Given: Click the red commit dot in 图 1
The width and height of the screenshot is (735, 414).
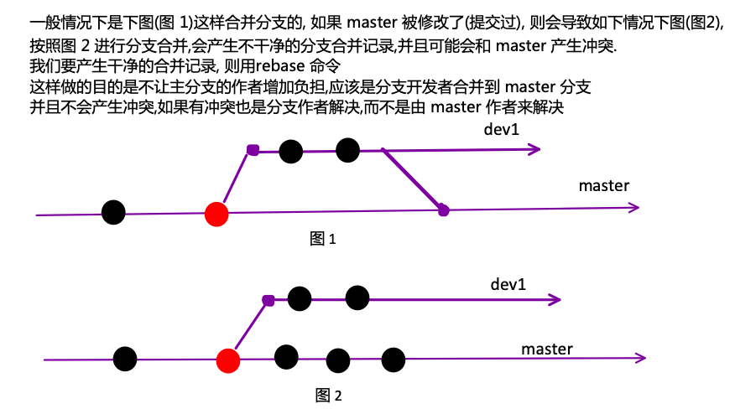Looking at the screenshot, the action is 216,215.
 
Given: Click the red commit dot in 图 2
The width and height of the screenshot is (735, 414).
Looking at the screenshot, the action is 228,361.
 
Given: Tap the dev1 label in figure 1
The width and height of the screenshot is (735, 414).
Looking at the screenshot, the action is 502,129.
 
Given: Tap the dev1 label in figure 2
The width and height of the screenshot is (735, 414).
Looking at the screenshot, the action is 508,284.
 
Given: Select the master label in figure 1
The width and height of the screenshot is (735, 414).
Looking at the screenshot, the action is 604,186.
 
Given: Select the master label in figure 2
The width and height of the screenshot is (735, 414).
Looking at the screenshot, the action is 547,349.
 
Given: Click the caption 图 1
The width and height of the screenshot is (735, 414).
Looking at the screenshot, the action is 323,239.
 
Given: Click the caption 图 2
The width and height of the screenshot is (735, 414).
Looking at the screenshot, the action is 329,396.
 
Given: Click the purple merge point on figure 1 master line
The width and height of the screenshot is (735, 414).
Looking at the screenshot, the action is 444,210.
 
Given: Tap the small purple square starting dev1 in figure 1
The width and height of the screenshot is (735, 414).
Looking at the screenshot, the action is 253,150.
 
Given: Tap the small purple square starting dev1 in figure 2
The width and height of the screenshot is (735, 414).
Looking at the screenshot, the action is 268,300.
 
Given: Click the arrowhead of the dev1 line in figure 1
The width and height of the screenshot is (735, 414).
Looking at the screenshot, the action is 535,149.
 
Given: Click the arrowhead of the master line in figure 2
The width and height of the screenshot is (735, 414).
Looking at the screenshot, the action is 641,358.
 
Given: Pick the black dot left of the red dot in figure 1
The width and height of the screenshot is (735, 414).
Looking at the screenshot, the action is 113,212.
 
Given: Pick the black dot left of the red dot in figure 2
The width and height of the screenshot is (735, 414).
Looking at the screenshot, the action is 125,359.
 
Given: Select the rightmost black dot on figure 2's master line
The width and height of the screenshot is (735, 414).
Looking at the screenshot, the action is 394,360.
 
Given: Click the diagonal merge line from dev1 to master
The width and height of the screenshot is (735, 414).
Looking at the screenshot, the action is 413,180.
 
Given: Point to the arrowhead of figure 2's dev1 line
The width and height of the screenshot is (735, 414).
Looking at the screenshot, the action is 555,300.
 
